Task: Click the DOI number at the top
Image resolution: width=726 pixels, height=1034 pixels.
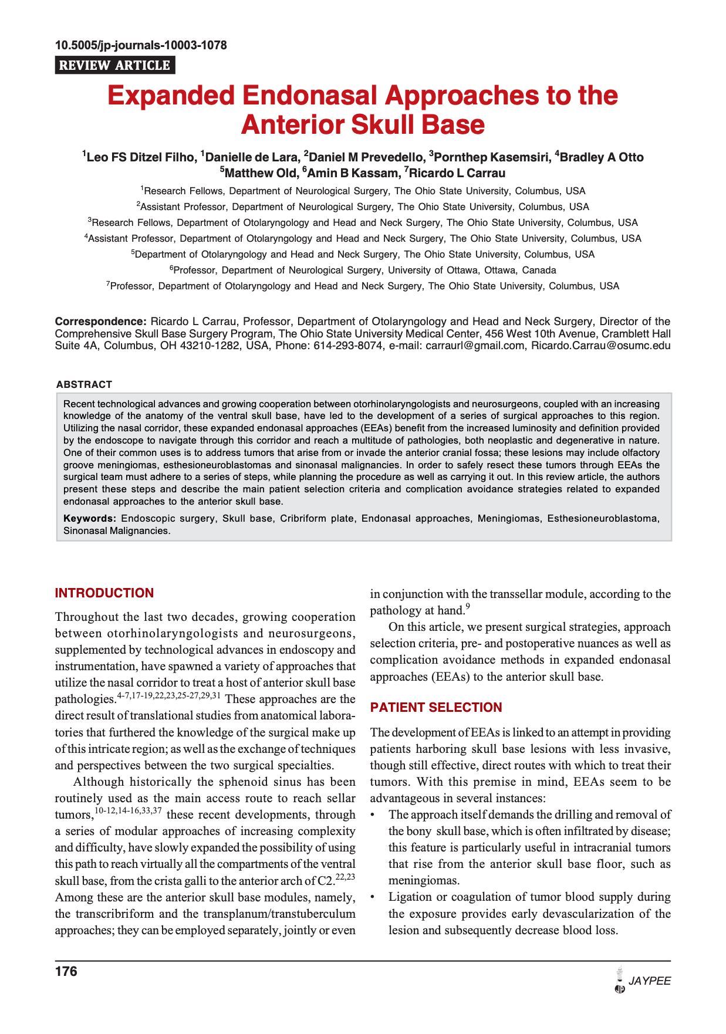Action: pyautogui.click(x=141, y=45)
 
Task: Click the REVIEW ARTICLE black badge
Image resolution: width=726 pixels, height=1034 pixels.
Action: pyautogui.click(x=115, y=65)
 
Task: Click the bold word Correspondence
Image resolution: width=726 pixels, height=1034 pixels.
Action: pyautogui.click(x=100, y=322)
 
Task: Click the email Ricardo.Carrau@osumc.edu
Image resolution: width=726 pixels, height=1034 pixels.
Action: pyautogui.click(x=600, y=346)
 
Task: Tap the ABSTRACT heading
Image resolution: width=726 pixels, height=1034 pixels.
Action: pyautogui.click(x=84, y=384)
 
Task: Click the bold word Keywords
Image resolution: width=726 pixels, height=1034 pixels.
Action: pyautogui.click(x=90, y=519)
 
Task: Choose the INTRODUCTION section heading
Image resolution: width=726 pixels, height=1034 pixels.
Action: pyautogui.click(x=104, y=593)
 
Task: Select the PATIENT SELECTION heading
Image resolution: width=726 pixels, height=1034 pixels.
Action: pyautogui.click(x=436, y=708)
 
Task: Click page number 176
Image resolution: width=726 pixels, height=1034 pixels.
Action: pyautogui.click(x=66, y=972)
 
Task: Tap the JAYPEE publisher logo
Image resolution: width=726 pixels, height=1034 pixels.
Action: pyautogui.click(x=642, y=981)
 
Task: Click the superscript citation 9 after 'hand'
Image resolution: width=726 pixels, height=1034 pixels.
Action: pyautogui.click(x=468, y=606)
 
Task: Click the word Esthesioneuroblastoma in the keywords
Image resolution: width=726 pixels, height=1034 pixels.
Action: pyautogui.click(x=603, y=519)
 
